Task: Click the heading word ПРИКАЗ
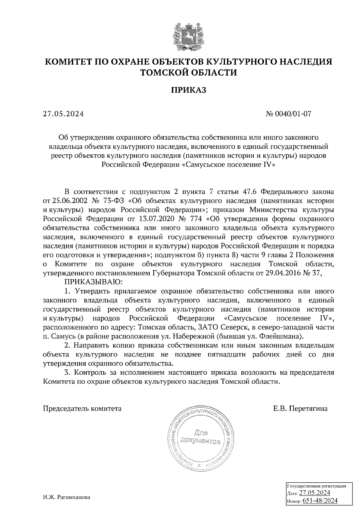pyautogui.click(x=188, y=90)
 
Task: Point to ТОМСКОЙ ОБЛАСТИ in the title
pyautogui.click(x=189, y=72)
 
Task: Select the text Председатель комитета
pyautogui.click(x=82, y=408)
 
